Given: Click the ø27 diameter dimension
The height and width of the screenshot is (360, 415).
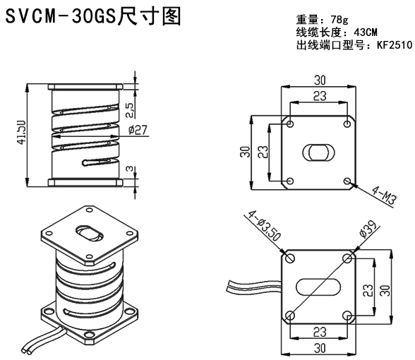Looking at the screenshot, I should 138,130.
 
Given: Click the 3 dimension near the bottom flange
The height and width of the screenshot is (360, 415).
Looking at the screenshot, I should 129,172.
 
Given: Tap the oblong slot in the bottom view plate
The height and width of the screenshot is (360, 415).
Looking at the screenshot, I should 319,286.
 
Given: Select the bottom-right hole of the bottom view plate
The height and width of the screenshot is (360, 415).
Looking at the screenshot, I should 348,314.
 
